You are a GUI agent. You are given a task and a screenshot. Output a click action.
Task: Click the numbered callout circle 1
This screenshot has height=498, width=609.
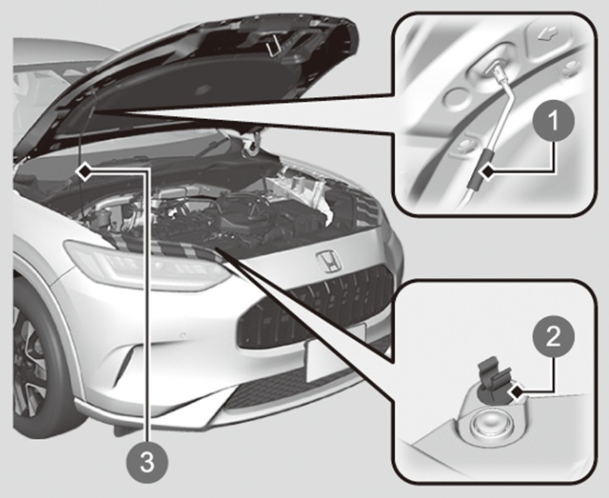pyautogui.click(x=553, y=121)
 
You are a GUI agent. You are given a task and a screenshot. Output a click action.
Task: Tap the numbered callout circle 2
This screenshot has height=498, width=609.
pyautogui.click(x=553, y=336)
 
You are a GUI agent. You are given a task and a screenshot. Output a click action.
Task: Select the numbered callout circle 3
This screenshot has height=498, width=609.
pyautogui.click(x=147, y=463)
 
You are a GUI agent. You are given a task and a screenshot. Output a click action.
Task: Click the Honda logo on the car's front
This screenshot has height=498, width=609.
pyautogui.click(x=328, y=260)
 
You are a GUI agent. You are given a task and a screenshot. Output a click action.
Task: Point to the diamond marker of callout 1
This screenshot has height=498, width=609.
pyautogui.click(x=488, y=170)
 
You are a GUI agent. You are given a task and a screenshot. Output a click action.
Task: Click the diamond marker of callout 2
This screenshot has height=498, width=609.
pyautogui.click(x=519, y=392)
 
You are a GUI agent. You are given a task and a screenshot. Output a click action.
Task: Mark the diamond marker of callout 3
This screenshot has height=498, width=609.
pyautogui.click(x=84, y=171)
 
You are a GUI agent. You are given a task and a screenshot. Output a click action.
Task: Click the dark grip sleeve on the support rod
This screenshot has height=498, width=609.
pyautogui.click(x=480, y=170)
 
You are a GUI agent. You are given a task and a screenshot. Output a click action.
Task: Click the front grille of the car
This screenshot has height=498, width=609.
pyautogui.click(x=315, y=308)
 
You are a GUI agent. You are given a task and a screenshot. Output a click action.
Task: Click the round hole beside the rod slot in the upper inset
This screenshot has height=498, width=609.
pyautogui.click(x=455, y=96)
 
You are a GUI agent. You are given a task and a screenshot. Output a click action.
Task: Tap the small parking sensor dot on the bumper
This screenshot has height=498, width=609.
pyautogui.click(x=183, y=334)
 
